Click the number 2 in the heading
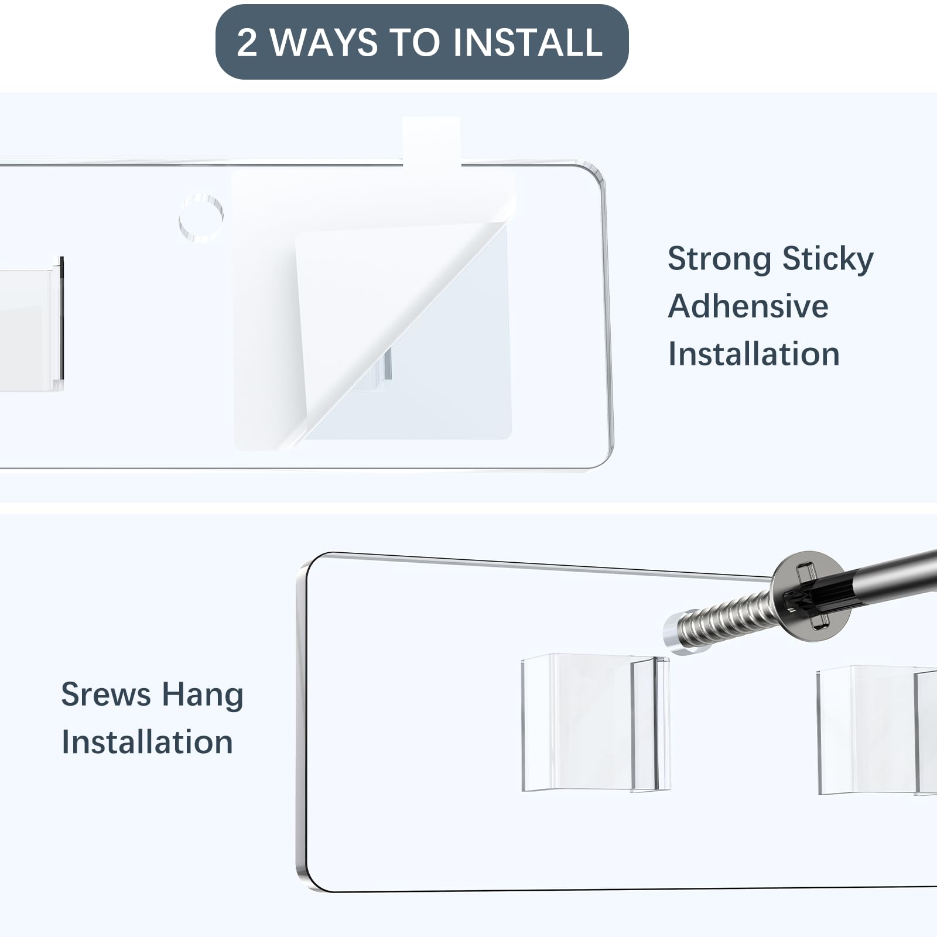point(247,42)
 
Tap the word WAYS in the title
point(324,42)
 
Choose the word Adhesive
point(748,306)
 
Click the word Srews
point(106,695)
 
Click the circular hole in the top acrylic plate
point(201,218)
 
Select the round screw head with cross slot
point(810,596)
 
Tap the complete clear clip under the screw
point(595,723)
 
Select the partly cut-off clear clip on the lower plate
point(877,730)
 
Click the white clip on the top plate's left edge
point(32,323)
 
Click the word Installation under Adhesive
point(754,354)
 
